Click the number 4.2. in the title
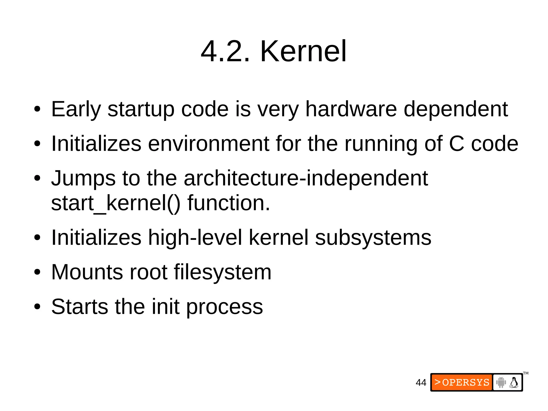click(x=225, y=51)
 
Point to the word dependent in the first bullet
click(x=455, y=109)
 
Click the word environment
click(x=208, y=144)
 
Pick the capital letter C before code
click(x=456, y=144)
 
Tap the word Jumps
click(x=83, y=179)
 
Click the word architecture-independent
click(x=306, y=178)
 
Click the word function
click(x=229, y=203)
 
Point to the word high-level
click(x=195, y=237)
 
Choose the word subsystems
click(x=373, y=238)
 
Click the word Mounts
click(x=87, y=272)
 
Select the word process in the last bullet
click(x=224, y=307)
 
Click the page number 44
click(x=421, y=383)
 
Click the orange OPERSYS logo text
click(x=462, y=382)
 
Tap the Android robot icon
click(x=501, y=382)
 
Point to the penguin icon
click(x=514, y=382)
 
